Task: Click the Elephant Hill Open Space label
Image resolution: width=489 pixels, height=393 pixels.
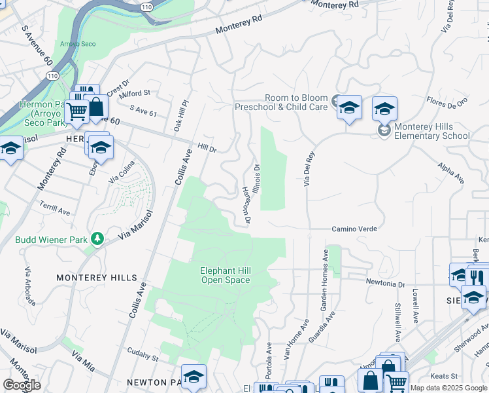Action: click(x=225, y=275)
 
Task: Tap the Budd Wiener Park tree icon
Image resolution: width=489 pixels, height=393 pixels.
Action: click(x=97, y=238)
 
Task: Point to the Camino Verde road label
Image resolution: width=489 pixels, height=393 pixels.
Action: click(x=354, y=229)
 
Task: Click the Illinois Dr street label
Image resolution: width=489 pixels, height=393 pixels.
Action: click(x=257, y=177)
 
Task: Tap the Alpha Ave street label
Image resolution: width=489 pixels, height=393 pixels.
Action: click(x=451, y=174)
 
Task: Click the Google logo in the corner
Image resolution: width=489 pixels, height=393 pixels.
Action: click(x=22, y=385)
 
